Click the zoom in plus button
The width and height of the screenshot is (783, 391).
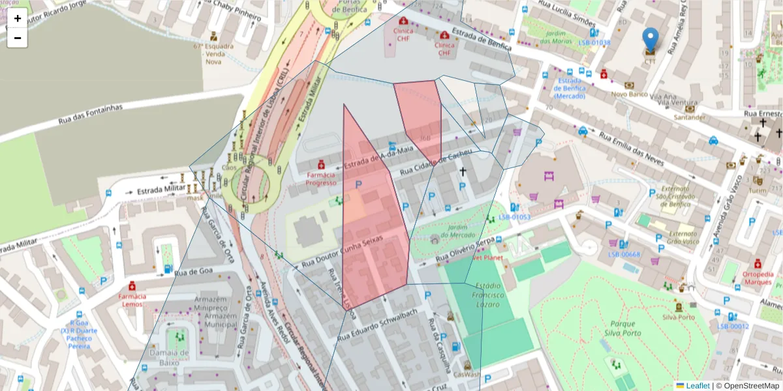(x=18, y=18)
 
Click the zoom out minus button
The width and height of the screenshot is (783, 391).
(x=18, y=38)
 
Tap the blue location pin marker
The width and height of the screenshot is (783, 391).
(x=650, y=40)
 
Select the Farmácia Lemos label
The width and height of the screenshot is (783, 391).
(x=132, y=300)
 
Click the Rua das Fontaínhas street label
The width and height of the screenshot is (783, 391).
(x=90, y=115)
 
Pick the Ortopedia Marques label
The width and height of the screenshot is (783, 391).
(x=758, y=278)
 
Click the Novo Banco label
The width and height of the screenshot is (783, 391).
(x=630, y=94)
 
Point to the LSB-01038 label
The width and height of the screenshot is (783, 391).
(x=594, y=43)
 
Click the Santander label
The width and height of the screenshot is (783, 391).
(x=690, y=117)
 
